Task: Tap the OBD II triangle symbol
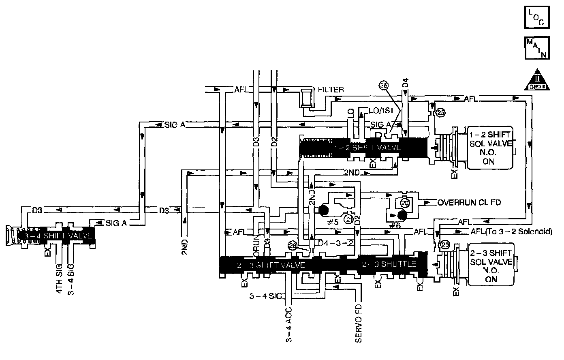coord(537,80)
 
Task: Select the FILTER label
coord(331,90)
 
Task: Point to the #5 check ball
coord(323,210)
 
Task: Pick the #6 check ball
coord(402,215)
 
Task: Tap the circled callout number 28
coord(293,245)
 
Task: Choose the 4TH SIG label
coord(59,280)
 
